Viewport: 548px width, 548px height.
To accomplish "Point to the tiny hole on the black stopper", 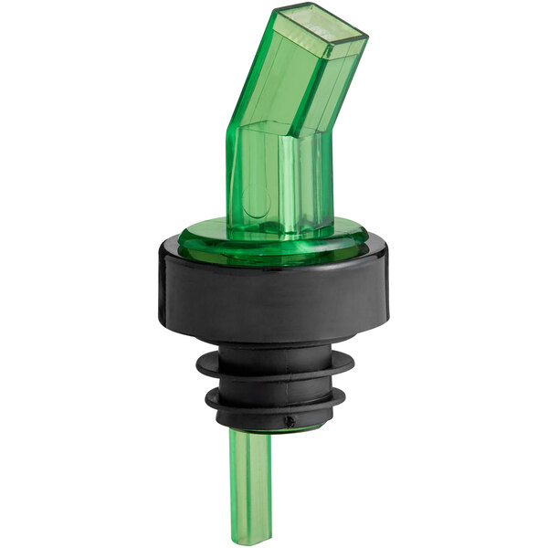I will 290,421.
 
